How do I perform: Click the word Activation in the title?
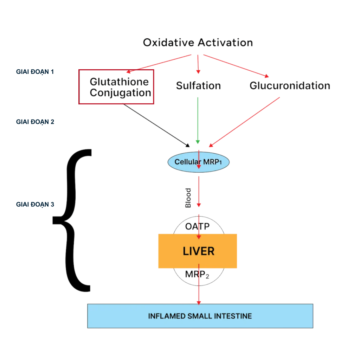pos(225,43)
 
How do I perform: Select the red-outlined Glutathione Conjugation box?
pos(116,87)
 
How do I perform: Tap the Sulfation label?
pos(198,86)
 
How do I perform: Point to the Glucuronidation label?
pos(290,86)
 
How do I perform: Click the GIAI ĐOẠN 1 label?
pos(35,72)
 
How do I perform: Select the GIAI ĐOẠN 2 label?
pos(35,122)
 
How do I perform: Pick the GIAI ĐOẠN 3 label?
pos(35,204)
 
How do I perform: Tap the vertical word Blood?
pos(188,198)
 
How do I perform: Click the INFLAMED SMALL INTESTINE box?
pos(200,316)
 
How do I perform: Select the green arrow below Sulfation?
pos(198,120)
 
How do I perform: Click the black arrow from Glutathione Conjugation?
pos(156,125)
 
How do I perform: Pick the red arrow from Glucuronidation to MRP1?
pos(244,122)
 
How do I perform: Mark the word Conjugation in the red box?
pos(121,93)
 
